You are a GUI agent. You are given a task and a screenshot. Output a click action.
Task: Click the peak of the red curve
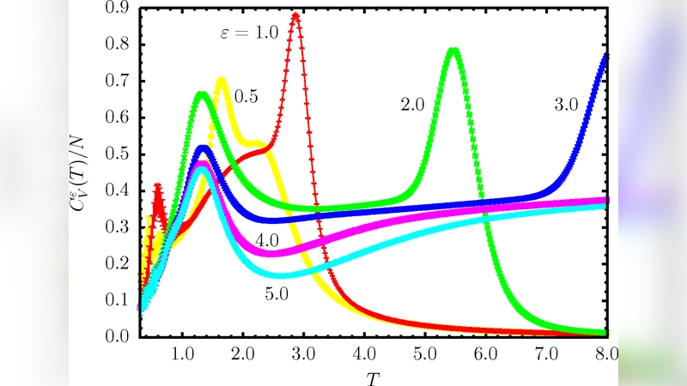[x=295, y=15]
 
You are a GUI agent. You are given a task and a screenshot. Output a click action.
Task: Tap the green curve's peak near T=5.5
[x=453, y=51]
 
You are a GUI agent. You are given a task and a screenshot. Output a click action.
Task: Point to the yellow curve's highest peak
[x=222, y=81]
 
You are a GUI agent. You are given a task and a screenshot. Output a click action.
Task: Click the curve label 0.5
[x=246, y=96]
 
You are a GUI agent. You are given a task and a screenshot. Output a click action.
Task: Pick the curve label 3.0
[x=565, y=105]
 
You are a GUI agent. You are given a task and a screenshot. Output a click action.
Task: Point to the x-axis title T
[x=370, y=374]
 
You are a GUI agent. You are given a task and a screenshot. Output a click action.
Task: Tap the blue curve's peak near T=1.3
[x=204, y=149]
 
